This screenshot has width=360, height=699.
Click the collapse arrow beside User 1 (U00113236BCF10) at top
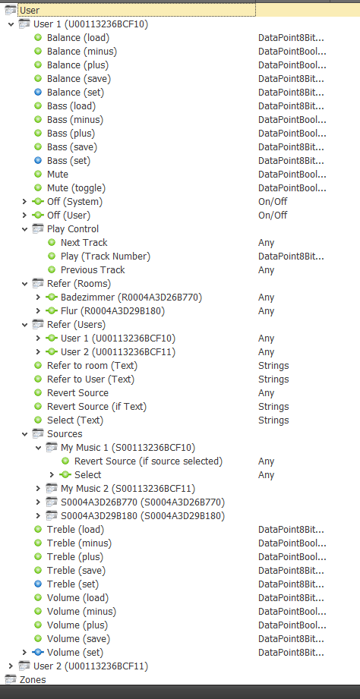11,24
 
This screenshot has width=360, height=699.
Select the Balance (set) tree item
75,93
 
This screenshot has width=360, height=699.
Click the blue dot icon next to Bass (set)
38,160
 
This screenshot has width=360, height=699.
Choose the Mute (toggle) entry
76,188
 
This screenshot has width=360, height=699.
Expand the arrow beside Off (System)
24,202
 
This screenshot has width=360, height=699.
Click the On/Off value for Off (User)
273,216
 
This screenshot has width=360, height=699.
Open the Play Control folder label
73,229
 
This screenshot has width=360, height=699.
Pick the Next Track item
84,243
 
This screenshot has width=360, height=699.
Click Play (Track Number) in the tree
106,257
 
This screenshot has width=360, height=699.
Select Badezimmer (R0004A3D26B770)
131,298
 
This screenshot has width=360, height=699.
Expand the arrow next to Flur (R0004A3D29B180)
39,310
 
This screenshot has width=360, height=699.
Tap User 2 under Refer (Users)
118,351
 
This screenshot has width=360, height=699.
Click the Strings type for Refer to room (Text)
273,366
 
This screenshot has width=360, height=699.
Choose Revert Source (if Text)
96,407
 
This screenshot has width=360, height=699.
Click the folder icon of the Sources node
38,434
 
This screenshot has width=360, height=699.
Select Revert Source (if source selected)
148,461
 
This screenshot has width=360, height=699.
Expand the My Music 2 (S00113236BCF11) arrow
39,489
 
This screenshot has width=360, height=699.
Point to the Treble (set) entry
73,584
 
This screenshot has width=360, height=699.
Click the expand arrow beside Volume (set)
24,652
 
